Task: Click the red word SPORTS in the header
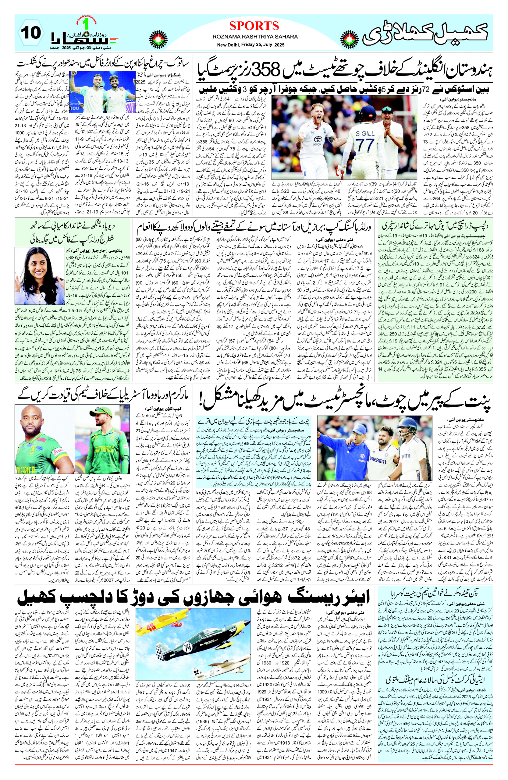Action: [x=254, y=26]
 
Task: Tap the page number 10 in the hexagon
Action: [x=32, y=33]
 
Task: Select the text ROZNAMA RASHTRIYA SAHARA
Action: [x=255, y=37]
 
